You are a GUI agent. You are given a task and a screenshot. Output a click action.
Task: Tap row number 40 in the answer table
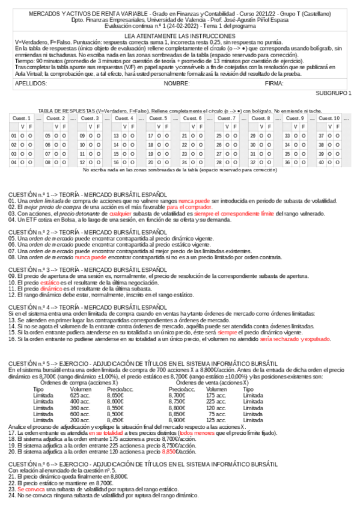(322, 162)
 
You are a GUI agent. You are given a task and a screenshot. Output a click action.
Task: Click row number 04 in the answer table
(14, 162)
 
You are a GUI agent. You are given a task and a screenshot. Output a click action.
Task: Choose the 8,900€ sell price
(177, 419)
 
